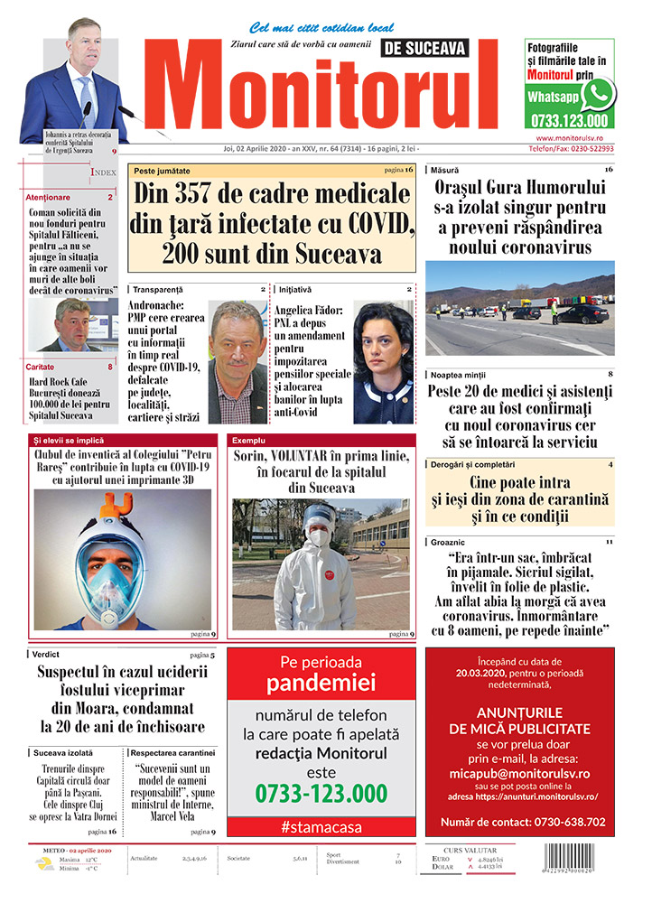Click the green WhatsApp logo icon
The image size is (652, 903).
point(597,94)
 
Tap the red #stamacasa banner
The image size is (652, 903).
point(321,825)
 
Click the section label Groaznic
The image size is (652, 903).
point(450,541)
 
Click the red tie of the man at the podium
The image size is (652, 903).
point(84,94)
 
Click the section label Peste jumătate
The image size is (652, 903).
point(163,170)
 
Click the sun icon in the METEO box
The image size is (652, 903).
point(43,863)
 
